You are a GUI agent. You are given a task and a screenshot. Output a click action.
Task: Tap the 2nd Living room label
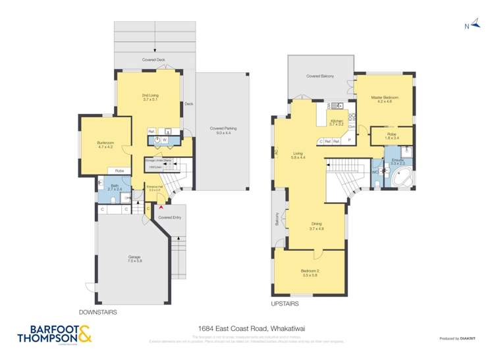(150, 97)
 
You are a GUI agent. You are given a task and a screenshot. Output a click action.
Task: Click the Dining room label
(316, 226)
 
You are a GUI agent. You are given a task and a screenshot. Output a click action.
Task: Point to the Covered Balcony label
(320, 76)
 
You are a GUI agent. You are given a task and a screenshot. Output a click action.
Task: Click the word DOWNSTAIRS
(97, 313)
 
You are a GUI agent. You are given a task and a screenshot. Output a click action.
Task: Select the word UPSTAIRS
(285, 304)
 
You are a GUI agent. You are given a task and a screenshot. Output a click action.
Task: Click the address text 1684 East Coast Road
(246, 326)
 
